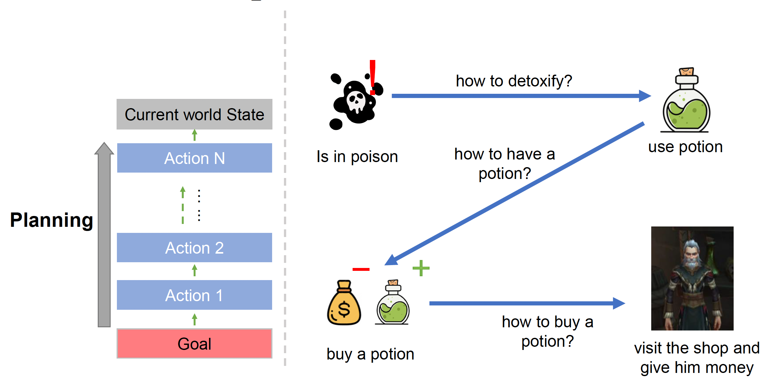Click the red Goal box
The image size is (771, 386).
pos(194,344)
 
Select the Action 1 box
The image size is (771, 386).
pos(194,295)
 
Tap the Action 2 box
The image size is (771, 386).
pos(194,248)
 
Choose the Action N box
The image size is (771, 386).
pos(194,158)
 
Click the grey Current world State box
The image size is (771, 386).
pos(194,114)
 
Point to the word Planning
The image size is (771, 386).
pos(51,220)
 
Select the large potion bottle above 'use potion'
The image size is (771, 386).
pos(686,105)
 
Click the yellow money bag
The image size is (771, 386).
pos(344,305)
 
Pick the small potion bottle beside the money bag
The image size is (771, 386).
pos(393,305)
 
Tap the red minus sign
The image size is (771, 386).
pos(361,270)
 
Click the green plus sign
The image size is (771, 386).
pos(421,268)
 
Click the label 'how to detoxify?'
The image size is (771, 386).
pos(514,81)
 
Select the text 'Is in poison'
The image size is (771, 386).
pos(357,157)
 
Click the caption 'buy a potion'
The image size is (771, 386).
pos(370,354)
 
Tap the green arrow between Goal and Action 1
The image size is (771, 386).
pos(195,319)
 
